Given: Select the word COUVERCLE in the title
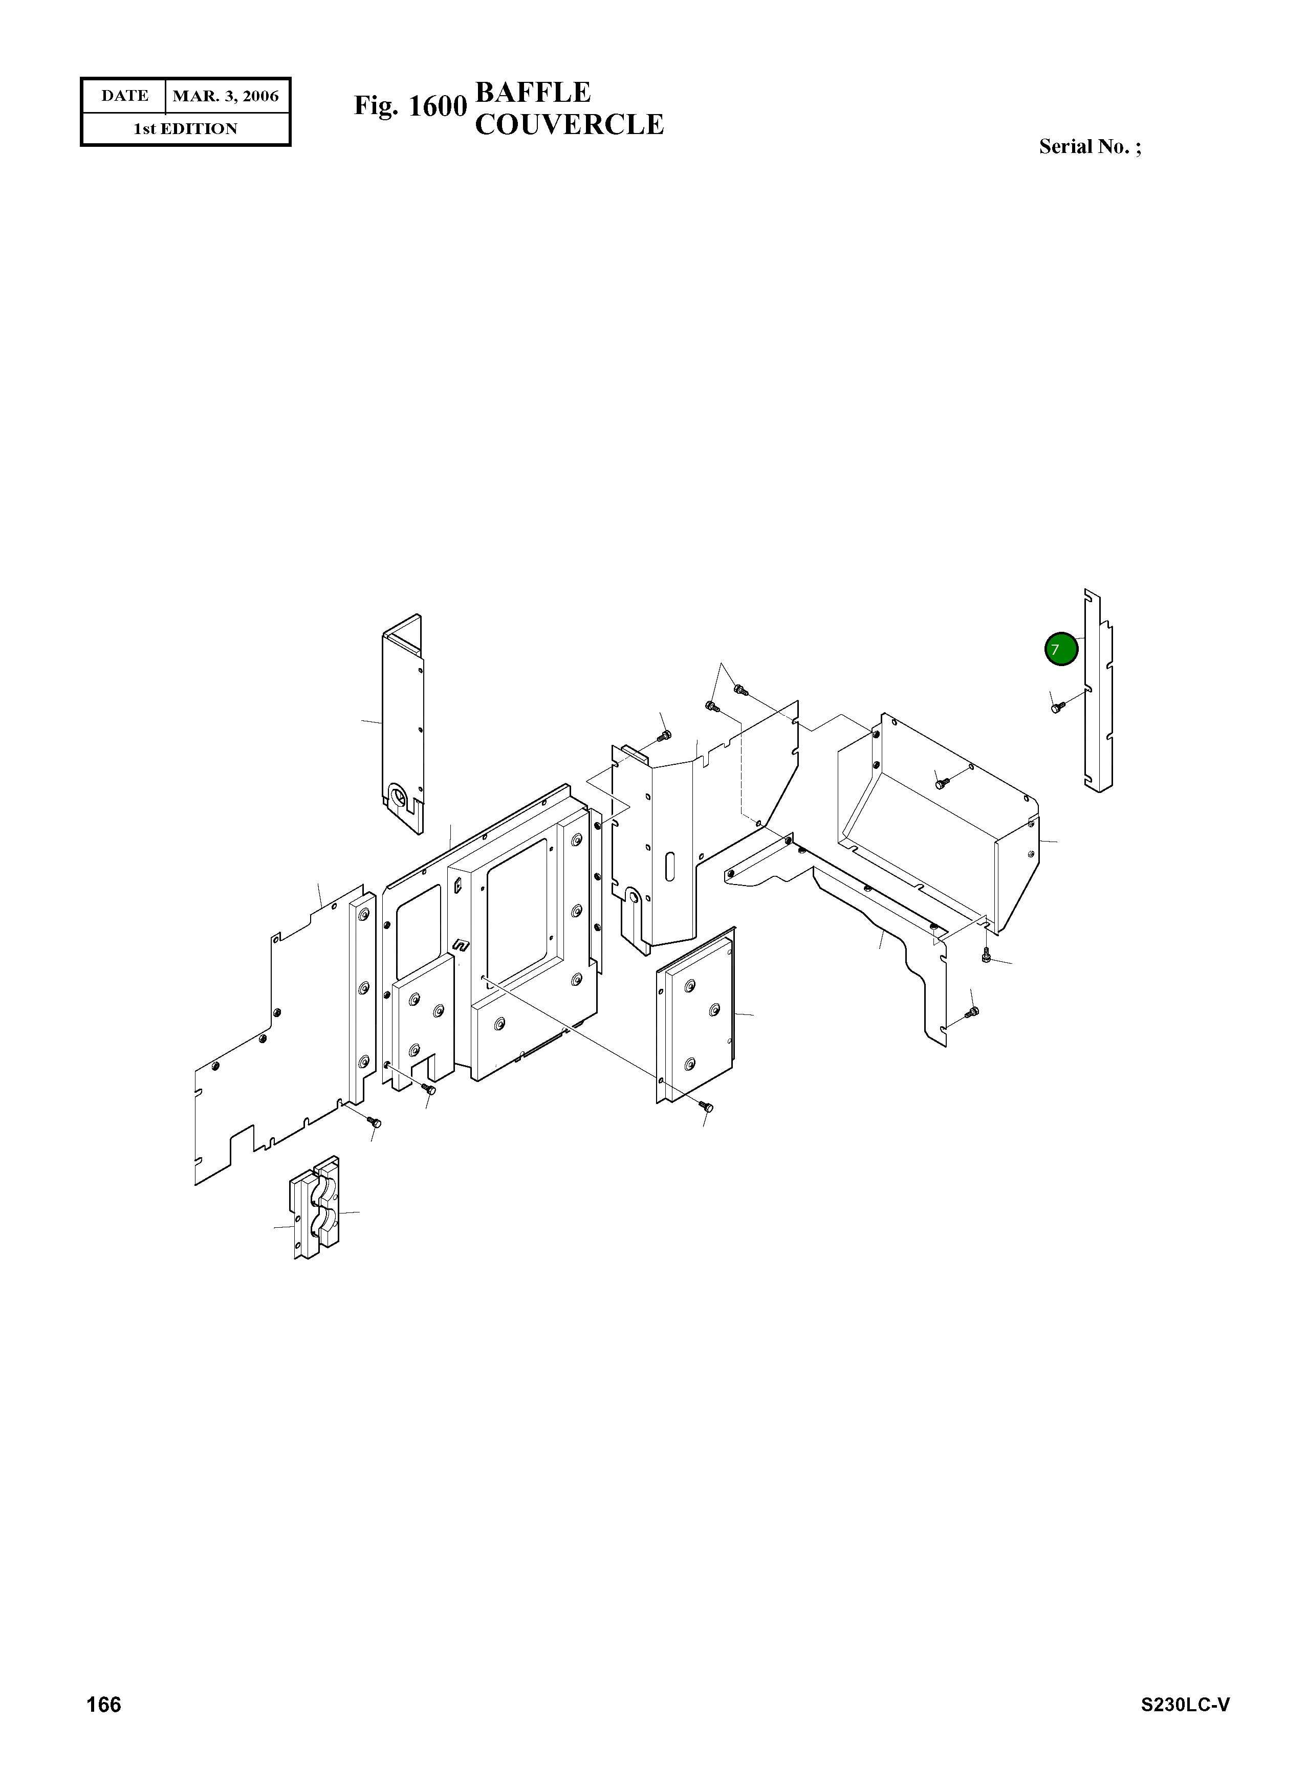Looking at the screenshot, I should click(569, 125).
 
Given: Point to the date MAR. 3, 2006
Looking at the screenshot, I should click(226, 97).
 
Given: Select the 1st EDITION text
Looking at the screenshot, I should click(185, 129).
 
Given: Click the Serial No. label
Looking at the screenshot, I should click(1090, 147).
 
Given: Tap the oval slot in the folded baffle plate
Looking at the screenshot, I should click(671, 866).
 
